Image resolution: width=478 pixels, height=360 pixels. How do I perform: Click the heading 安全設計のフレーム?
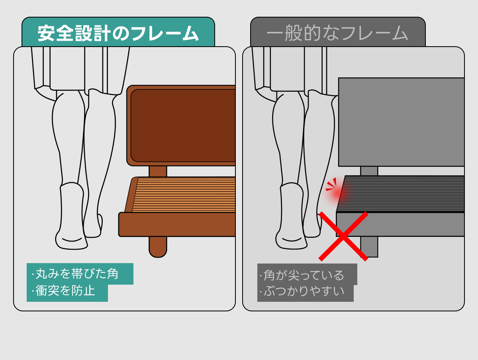click(x=118, y=33)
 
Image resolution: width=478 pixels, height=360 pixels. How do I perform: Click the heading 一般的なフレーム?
click(x=337, y=33)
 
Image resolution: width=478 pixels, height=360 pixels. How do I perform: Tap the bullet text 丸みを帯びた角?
click(x=75, y=274)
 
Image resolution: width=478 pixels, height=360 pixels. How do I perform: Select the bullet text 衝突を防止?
click(x=63, y=291)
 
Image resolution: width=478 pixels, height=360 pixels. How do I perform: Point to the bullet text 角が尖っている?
click(x=302, y=275)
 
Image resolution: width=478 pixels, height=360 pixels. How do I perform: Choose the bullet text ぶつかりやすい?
click(x=302, y=291)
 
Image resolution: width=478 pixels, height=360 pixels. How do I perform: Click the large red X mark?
click(x=343, y=236)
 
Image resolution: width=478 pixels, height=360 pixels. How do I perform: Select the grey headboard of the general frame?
click(x=402, y=122)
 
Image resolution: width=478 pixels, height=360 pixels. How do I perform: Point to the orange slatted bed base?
click(x=184, y=195)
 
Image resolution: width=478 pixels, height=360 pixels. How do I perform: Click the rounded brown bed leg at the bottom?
click(x=158, y=247)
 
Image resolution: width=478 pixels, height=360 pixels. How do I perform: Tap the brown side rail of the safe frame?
click(x=177, y=224)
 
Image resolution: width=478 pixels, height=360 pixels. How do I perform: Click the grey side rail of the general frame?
click(x=400, y=224)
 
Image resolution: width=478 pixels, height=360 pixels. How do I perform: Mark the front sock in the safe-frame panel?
click(x=71, y=216)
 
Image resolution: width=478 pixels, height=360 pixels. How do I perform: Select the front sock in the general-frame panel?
click(x=291, y=216)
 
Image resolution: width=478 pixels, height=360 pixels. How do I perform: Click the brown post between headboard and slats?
click(x=158, y=171)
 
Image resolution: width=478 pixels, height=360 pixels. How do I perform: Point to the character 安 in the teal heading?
click(x=46, y=33)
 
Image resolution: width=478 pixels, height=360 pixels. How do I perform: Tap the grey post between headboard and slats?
click(x=369, y=171)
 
